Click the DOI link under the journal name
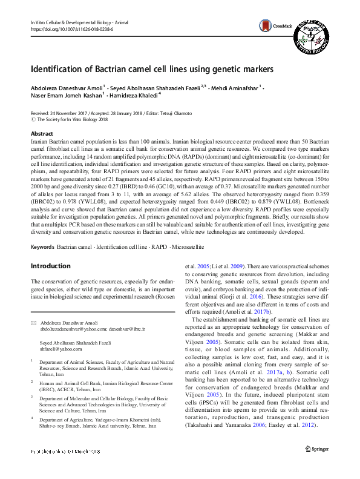[71, 29]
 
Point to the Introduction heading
[50, 266]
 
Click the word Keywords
[42, 248]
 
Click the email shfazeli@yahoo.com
[61, 349]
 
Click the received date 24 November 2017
[64, 113]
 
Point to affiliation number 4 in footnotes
[33, 402]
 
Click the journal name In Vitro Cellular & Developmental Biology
[73, 22]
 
